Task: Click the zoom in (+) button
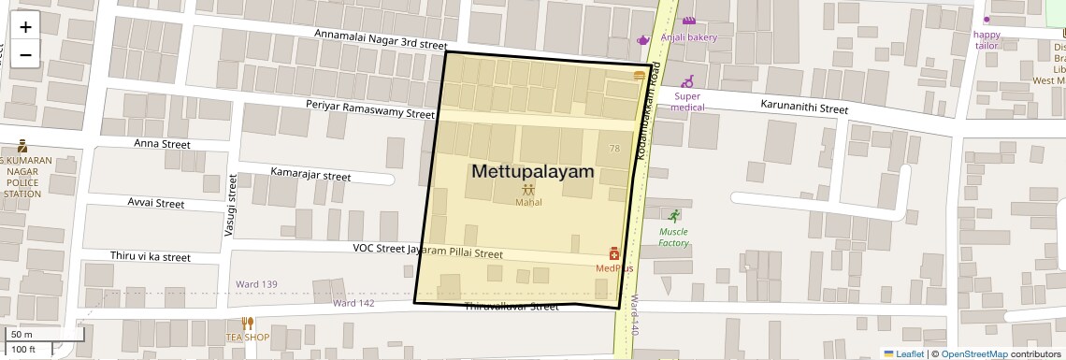click(25, 27)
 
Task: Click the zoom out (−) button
click(25, 54)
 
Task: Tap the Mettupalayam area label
click(533, 171)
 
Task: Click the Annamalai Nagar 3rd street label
click(381, 38)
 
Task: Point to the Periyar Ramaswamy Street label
click(370, 108)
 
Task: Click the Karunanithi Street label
click(804, 108)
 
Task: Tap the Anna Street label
click(162, 144)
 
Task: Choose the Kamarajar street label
click(310, 175)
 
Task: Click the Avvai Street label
click(156, 203)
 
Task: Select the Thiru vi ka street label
click(150, 257)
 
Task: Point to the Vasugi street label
click(230, 205)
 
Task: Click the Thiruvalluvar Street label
click(511, 307)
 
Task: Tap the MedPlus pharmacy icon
click(614, 253)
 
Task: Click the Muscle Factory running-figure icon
click(673, 214)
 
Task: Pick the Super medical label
click(687, 101)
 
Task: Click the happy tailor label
click(987, 40)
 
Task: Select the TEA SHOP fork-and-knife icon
click(247, 324)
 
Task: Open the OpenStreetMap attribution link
click(973, 353)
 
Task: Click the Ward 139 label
click(257, 284)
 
